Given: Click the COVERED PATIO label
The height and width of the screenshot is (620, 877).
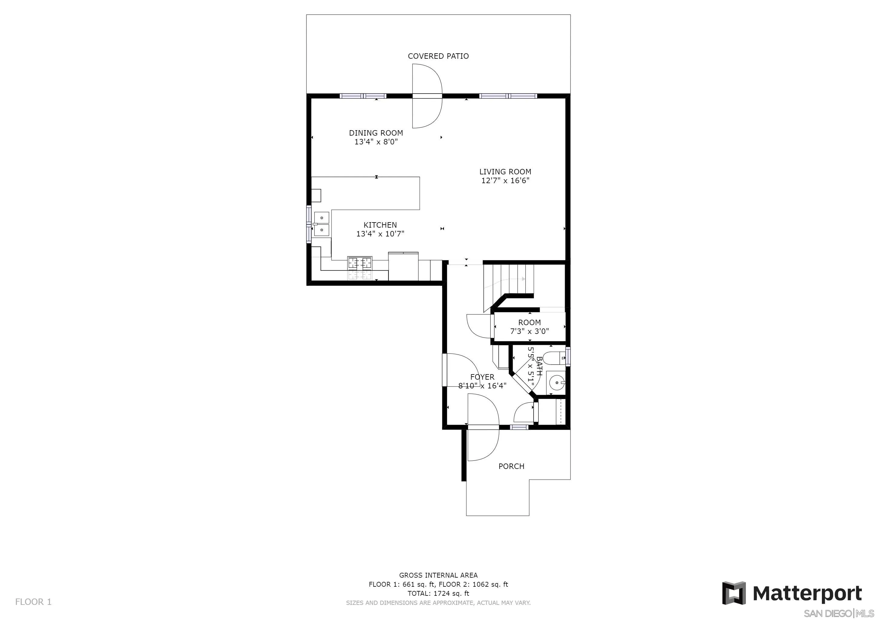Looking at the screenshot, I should click(438, 56).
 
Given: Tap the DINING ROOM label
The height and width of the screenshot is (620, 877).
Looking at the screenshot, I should click(376, 133).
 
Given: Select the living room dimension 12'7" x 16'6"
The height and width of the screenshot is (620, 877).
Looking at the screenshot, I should click(505, 180).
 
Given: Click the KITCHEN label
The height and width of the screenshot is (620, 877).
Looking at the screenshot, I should click(380, 225).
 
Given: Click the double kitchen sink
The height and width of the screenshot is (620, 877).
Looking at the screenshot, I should click(322, 223).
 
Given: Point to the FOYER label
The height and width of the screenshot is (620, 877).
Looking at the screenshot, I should click(482, 377).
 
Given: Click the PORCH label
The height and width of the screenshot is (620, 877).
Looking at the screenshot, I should click(511, 466).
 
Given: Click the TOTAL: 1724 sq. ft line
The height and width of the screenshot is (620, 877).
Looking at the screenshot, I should click(438, 594).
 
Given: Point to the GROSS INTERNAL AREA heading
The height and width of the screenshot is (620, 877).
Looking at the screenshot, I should click(438, 575).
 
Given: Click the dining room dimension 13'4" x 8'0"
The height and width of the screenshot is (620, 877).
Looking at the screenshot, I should click(376, 142).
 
